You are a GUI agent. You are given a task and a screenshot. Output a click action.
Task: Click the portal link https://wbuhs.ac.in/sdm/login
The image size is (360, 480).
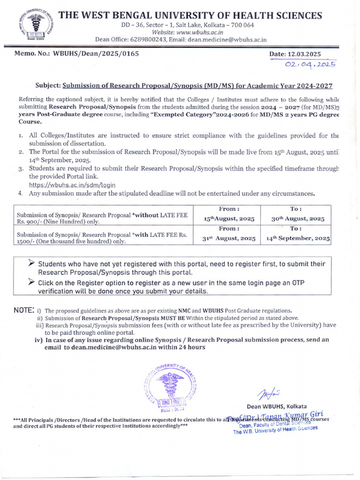[72, 185]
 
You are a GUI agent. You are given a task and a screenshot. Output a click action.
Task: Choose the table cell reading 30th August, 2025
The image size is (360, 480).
[298, 218]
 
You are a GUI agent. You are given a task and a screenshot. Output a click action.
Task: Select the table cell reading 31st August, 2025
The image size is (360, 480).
[229, 238]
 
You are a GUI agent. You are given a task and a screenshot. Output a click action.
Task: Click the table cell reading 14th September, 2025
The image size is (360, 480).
[298, 238]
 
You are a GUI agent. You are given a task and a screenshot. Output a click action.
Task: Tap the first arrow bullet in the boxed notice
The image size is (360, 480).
[32, 263]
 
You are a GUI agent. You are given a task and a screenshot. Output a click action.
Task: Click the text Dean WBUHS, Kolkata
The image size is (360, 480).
[277, 405]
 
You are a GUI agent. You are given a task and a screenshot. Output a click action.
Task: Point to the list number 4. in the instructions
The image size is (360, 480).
[21, 193]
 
